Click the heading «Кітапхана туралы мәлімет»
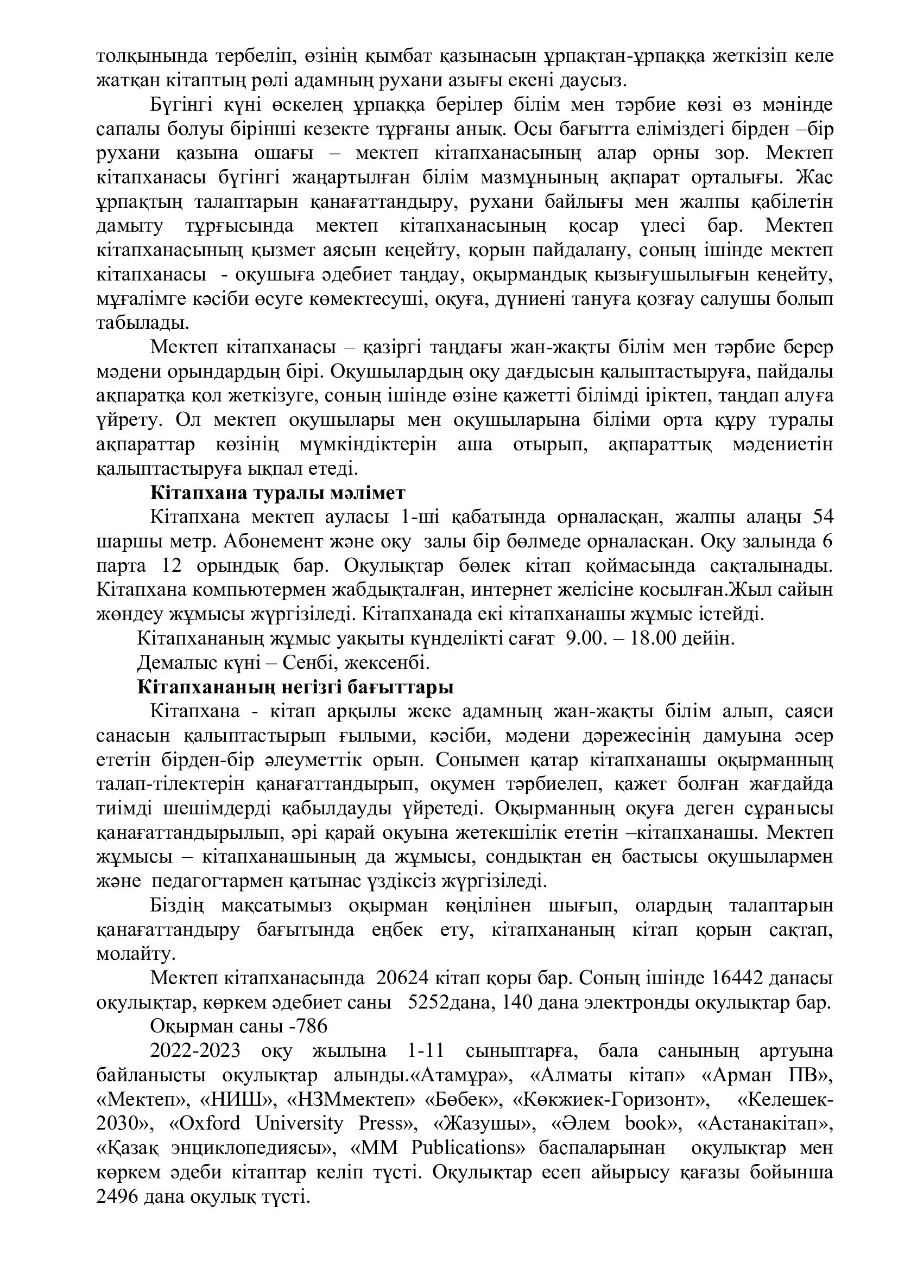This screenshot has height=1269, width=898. [x=277, y=493]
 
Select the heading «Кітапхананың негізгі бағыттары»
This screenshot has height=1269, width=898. [x=295, y=687]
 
